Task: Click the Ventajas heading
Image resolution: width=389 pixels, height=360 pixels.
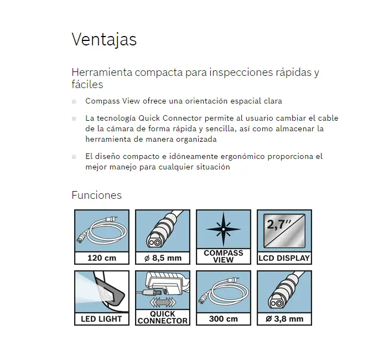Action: [x=104, y=40]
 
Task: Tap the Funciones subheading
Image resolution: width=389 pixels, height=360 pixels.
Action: [x=96, y=195]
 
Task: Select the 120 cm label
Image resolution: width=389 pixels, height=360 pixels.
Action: [x=102, y=258]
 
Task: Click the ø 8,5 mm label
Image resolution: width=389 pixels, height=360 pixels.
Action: [x=163, y=258]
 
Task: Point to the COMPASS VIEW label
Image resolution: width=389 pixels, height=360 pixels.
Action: [x=224, y=256]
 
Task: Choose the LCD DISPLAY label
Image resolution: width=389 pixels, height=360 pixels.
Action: [x=284, y=258]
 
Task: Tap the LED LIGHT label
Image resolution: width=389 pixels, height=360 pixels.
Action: [x=102, y=319]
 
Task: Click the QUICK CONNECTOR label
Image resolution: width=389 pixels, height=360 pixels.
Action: [x=163, y=317]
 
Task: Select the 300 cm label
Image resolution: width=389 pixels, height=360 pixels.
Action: [x=224, y=319]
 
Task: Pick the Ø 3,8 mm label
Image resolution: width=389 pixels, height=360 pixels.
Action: [x=284, y=319]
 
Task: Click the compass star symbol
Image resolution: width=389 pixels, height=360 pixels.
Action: [x=224, y=229]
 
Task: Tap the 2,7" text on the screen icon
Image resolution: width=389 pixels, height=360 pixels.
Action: [x=279, y=224]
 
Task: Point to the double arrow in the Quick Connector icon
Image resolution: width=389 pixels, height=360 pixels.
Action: [x=162, y=302]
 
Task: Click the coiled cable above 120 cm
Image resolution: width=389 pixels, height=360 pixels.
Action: [x=102, y=230]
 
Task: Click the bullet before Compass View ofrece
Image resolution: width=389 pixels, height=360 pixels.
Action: [x=74, y=101]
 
